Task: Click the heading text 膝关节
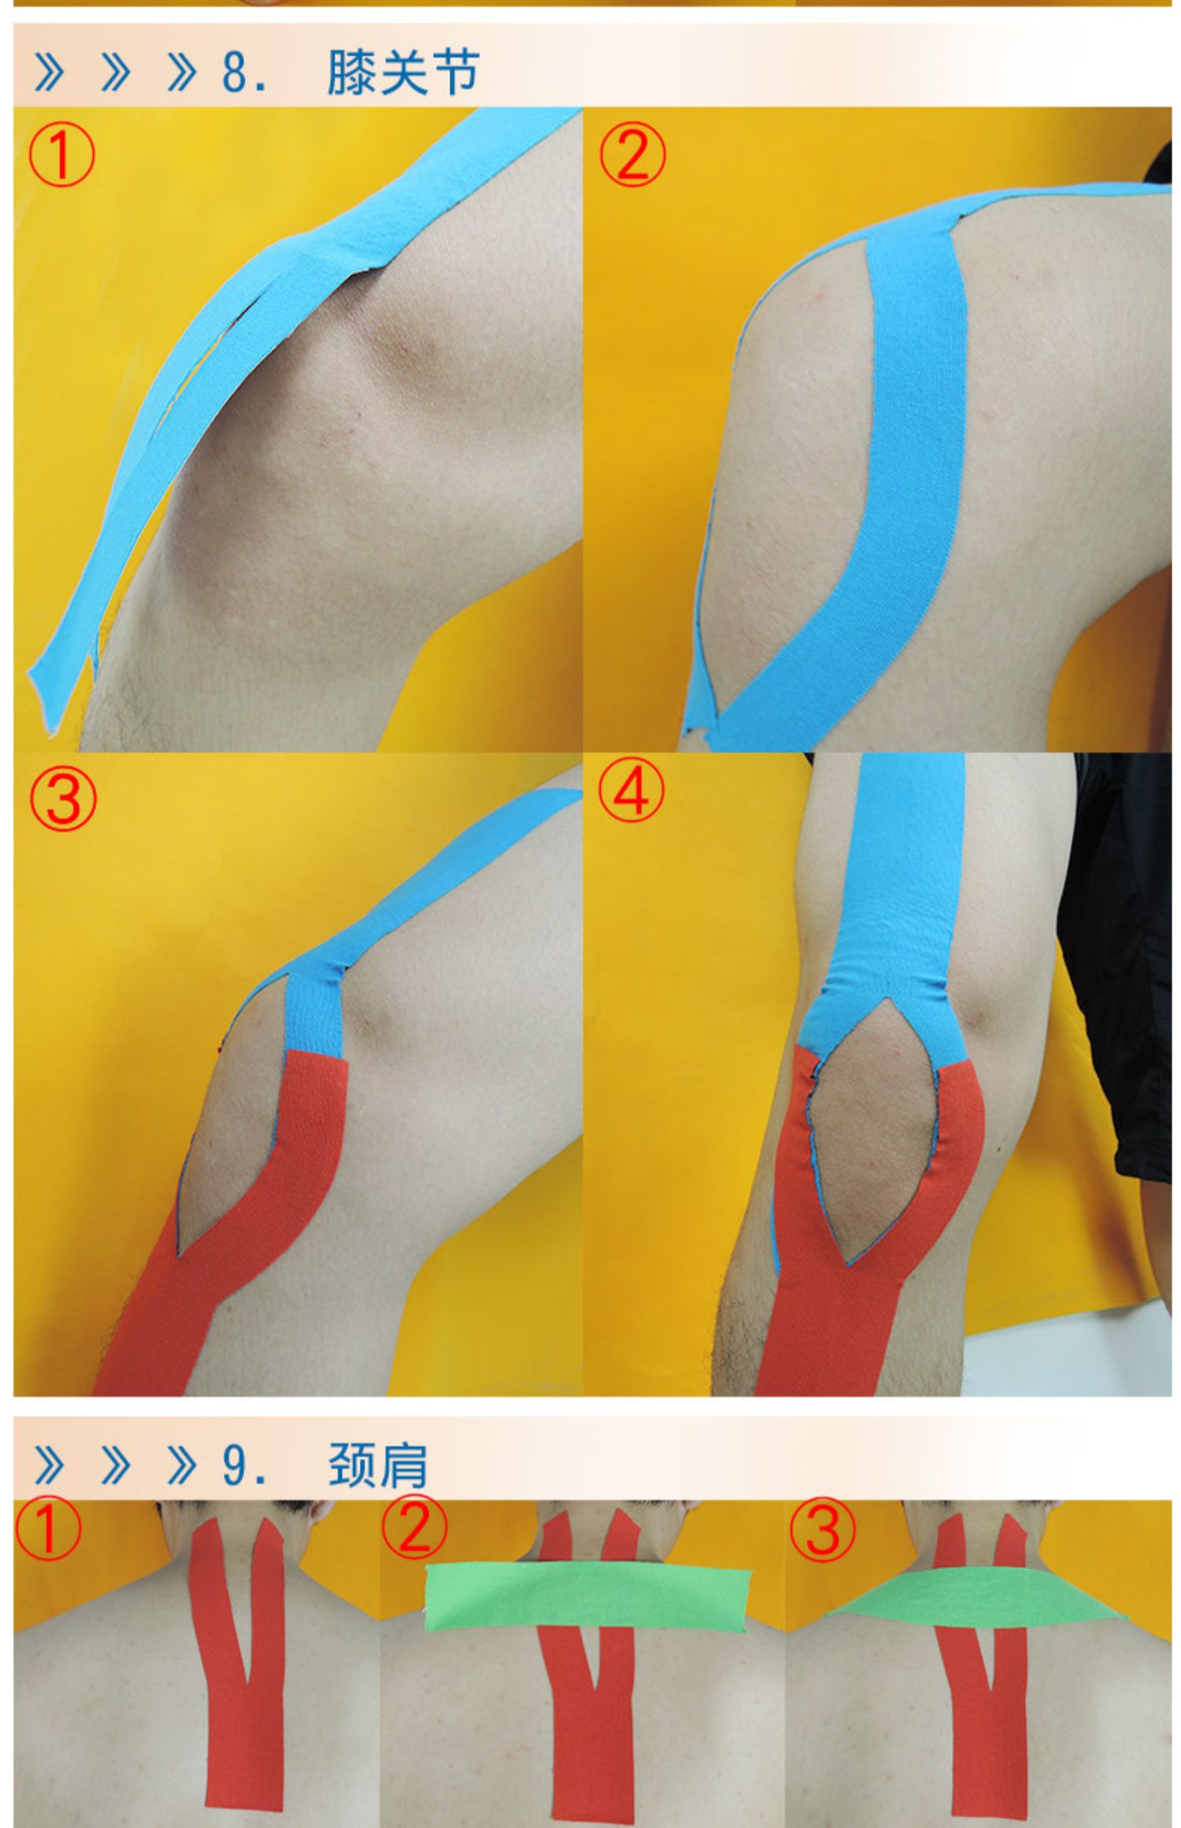tap(402, 73)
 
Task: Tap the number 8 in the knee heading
tap(235, 73)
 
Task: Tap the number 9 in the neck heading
tap(235, 1466)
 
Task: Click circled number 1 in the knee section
tap(61, 156)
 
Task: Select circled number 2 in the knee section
tap(631, 156)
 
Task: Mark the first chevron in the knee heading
tap(49, 74)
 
